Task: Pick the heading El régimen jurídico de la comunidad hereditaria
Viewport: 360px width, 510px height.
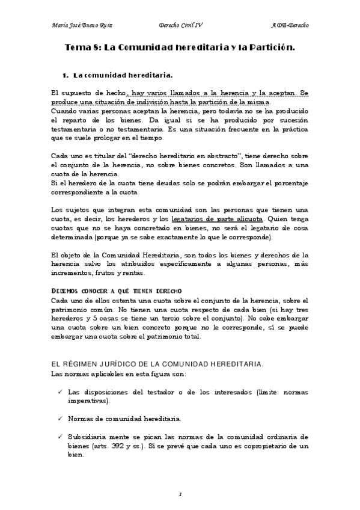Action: pos(156,364)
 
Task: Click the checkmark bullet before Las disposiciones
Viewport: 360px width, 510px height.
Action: pos(59,392)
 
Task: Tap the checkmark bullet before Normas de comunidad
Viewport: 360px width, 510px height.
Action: pos(59,418)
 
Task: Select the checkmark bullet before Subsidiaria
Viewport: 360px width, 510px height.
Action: pos(59,436)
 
